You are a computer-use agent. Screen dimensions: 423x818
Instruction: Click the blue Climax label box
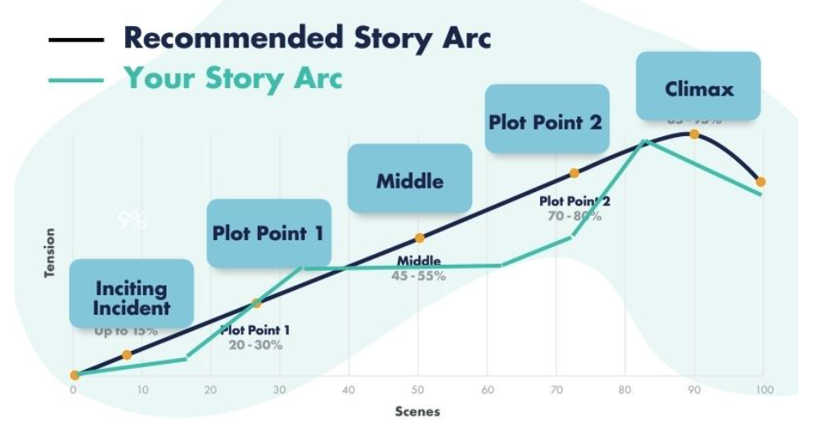coord(698,86)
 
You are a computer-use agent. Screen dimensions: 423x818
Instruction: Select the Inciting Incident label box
coord(131,297)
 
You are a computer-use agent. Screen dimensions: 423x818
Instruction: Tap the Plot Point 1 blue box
coord(268,233)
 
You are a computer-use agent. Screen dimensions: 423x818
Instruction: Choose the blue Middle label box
coord(409,180)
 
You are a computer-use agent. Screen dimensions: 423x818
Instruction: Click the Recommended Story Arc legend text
coord(307,38)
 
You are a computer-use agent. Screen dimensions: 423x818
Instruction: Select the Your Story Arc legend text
coord(233,78)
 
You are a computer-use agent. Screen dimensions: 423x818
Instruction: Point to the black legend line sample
coord(76,40)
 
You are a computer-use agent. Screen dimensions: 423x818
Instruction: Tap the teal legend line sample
coord(76,80)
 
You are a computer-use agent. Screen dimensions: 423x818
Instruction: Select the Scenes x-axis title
coord(417,411)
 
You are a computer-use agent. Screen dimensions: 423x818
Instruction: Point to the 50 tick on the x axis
coord(417,390)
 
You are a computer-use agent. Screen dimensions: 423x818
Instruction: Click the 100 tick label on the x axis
coord(763,390)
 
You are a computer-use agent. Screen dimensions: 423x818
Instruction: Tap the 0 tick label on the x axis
coord(74,390)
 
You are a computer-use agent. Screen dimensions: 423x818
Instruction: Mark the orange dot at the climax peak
coord(694,134)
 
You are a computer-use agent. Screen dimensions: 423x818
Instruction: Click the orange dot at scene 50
coord(418,239)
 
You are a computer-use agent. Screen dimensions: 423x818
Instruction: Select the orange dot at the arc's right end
coord(761,182)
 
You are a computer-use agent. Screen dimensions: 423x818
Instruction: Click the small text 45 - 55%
coord(418,276)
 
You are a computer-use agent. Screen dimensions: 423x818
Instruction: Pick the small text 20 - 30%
coord(255,345)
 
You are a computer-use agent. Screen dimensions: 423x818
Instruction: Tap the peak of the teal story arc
coord(645,140)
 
